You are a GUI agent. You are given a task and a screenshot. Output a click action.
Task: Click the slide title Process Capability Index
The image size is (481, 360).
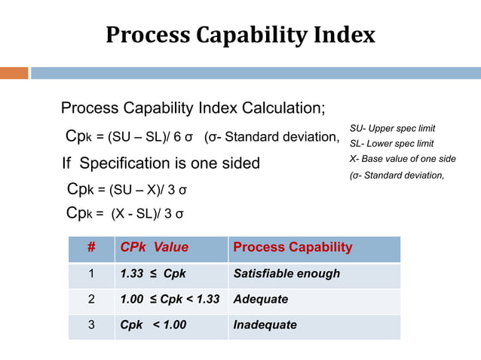coord(240,35)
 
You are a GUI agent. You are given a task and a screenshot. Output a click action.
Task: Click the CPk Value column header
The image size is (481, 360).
coord(155,247)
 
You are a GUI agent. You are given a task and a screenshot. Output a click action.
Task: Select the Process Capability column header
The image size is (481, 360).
coord(293,247)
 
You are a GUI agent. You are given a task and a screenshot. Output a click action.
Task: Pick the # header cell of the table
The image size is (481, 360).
coord(91,247)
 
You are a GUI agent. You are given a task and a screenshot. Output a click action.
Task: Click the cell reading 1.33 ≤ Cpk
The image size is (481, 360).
coord(153,273)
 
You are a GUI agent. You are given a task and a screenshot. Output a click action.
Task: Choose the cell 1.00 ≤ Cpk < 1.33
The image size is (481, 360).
coord(170,299)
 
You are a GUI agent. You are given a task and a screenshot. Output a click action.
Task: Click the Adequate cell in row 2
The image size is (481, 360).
coord(261,299)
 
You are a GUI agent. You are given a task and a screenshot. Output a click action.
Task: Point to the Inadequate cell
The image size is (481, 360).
coord(265,325)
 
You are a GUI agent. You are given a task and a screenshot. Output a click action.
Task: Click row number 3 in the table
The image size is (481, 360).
coord(91,325)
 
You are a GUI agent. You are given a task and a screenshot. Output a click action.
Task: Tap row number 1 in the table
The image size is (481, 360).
coord(91,273)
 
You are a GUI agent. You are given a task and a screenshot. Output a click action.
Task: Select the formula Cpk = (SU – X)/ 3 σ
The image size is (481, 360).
coord(127,188)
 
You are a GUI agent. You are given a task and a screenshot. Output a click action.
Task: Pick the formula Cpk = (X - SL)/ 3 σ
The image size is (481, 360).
coord(124,213)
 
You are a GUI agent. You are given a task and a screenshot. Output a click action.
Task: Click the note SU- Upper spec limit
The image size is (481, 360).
coord(392,128)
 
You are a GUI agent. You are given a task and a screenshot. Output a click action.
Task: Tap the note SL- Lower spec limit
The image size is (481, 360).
coord(391,143)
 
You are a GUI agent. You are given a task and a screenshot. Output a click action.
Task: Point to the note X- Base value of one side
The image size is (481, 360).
coord(403,158)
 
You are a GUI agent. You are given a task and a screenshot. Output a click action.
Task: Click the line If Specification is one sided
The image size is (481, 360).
coord(161,163)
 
